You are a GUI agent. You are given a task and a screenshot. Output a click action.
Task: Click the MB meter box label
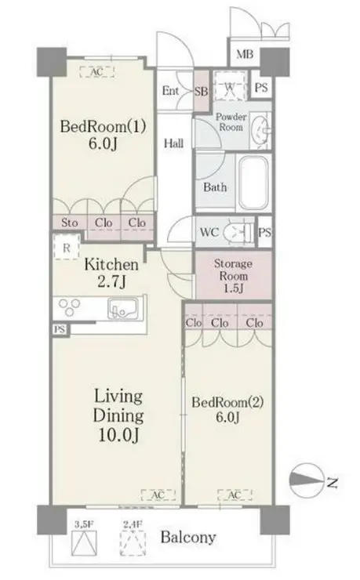pyautogui.click(x=245, y=54)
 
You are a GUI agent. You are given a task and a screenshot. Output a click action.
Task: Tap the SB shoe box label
pyautogui.click(x=202, y=91)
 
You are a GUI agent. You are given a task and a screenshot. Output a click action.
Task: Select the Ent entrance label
pyautogui.click(x=170, y=91)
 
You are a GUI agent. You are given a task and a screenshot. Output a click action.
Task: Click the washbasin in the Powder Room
pyautogui.click(x=260, y=129)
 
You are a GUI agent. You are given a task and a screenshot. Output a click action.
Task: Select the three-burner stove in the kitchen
pyautogui.click(x=69, y=308)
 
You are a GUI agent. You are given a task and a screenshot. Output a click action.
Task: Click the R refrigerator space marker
pyautogui.click(x=66, y=247)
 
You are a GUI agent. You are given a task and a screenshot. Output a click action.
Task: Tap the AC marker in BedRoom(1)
pyautogui.click(x=96, y=71)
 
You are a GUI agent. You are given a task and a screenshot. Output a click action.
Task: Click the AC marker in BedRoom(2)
pyautogui.click(x=235, y=495)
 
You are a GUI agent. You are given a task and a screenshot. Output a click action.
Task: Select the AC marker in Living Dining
pyautogui.click(x=158, y=495)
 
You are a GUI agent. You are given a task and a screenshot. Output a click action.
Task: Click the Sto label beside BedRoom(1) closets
pyautogui.click(x=70, y=223)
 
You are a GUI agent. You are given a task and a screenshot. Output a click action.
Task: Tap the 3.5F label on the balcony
pyautogui.click(x=84, y=524)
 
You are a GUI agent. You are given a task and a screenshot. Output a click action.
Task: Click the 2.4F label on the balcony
pyautogui.click(x=133, y=524)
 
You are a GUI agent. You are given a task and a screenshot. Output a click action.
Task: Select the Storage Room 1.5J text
pyautogui.click(x=233, y=276)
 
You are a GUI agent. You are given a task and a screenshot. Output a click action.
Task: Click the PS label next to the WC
pyautogui.click(x=264, y=233)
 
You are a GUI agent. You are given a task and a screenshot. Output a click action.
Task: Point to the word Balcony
pyautogui.click(x=188, y=538)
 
